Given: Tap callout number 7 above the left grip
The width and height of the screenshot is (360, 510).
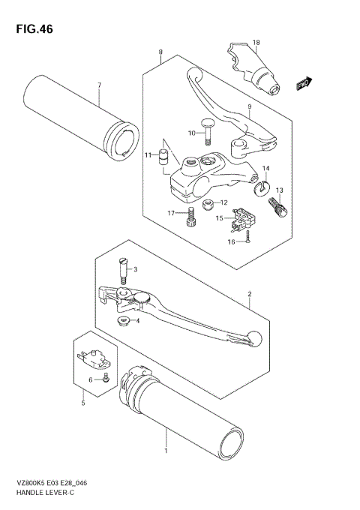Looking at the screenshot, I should [x=98, y=85].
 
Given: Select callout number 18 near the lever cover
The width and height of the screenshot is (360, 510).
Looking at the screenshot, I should [x=256, y=42].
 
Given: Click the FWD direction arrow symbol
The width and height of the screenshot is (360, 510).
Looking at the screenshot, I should [x=304, y=84].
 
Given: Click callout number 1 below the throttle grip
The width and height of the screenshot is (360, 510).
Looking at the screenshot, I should [x=166, y=452].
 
